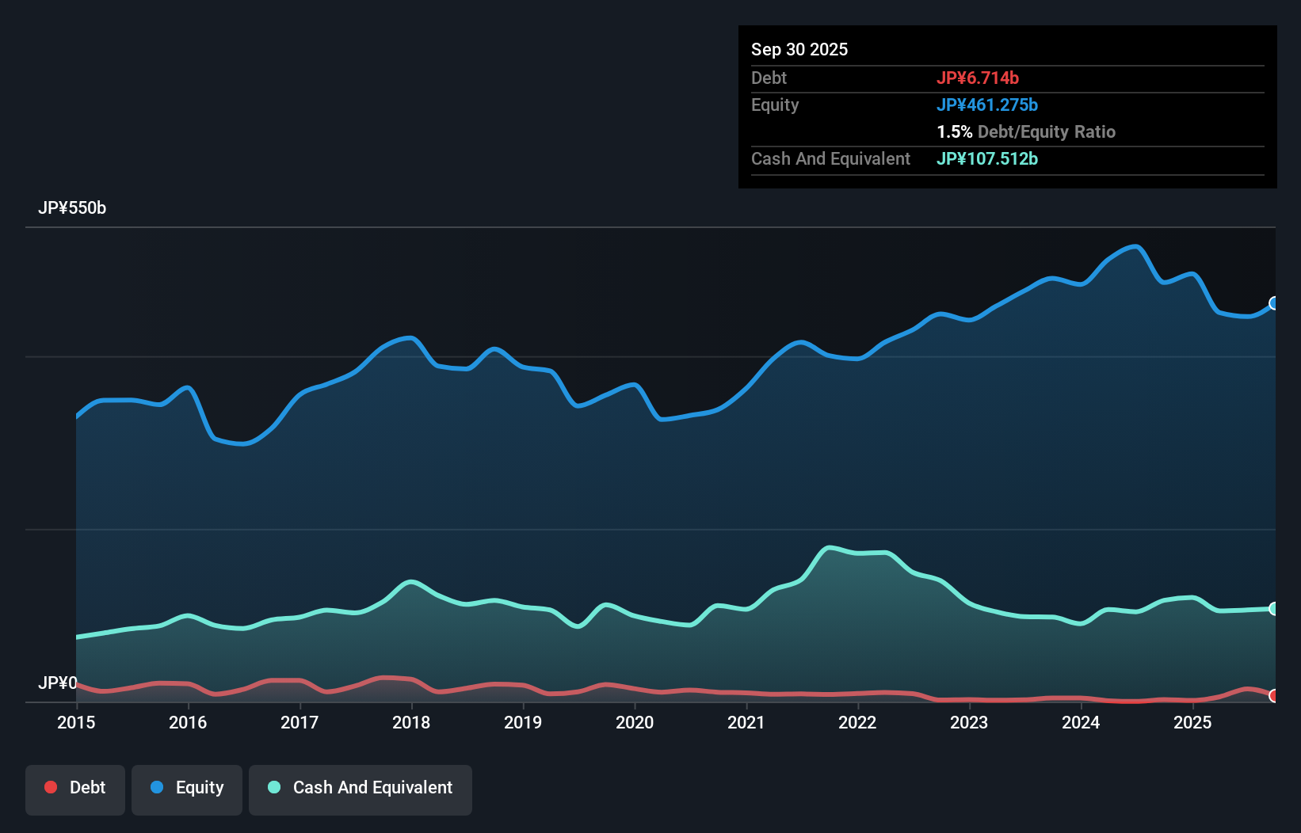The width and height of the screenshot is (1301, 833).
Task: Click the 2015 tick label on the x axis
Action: [x=76, y=722]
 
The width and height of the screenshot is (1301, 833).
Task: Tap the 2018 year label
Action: [x=411, y=722]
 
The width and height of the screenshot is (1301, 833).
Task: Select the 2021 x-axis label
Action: [x=746, y=722]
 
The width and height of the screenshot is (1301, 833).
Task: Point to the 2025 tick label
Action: [x=1192, y=722]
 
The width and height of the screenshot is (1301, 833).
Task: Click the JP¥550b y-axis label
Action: [x=72, y=208]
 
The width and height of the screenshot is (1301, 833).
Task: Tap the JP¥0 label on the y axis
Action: [x=58, y=683]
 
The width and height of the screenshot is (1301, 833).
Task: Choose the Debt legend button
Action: [x=75, y=788]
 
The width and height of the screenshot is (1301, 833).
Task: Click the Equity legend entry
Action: [x=187, y=788]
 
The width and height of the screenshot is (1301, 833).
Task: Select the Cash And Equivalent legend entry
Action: [x=361, y=788]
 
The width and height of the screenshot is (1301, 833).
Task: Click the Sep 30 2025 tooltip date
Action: [x=799, y=49]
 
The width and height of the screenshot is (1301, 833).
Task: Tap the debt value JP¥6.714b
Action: [x=978, y=78]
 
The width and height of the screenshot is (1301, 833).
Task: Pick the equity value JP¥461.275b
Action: [x=987, y=105]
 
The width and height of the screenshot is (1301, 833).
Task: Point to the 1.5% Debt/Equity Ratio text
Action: [x=1026, y=131]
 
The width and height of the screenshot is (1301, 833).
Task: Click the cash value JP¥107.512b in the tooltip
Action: [x=987, y=158]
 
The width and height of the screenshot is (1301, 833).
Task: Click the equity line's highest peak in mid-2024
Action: [x=1136, y=246]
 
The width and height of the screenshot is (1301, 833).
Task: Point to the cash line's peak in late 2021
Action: [x=829, y=547]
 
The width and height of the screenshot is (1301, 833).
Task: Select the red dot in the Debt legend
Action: [x=51, y=787]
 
